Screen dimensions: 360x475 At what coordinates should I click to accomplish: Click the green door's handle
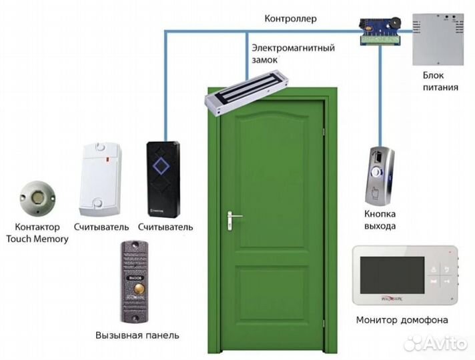coord(233,217)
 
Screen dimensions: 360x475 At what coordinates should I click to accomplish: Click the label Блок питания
coord(440,81)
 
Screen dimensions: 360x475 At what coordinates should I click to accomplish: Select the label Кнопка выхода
coord(380,220)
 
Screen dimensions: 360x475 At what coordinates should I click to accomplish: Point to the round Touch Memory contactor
coord(37,197)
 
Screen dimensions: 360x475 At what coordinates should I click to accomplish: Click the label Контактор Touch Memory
coord(37,233)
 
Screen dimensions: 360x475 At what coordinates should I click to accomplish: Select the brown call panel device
coord(137,281)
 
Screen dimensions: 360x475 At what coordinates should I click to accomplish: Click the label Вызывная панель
coord(137,334)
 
